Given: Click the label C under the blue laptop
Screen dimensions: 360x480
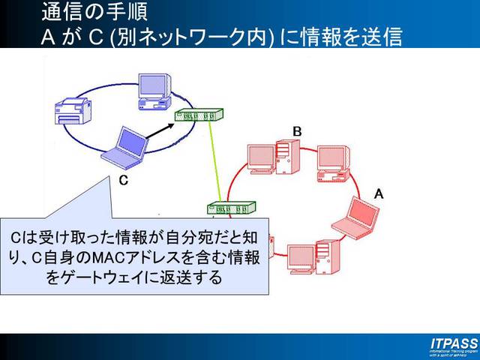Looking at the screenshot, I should (124, 181).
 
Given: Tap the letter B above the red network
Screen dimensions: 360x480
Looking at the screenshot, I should (297, 131).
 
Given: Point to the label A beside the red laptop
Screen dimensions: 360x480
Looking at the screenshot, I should (379, 193).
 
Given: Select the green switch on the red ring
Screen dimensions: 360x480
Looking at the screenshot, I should (232, 208).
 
